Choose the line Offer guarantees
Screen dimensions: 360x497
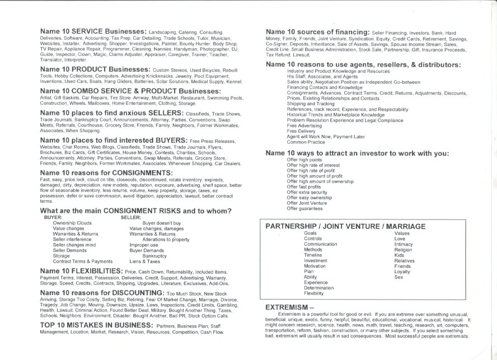(x=305, y=209)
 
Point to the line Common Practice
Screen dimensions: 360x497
(x=306, y=142)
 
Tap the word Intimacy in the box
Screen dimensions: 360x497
(x=404, y=244)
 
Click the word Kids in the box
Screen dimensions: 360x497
(x=399, y=255)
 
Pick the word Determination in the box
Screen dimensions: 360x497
(x=320, y=288)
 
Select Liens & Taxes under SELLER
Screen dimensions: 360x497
(x=145, y=261)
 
